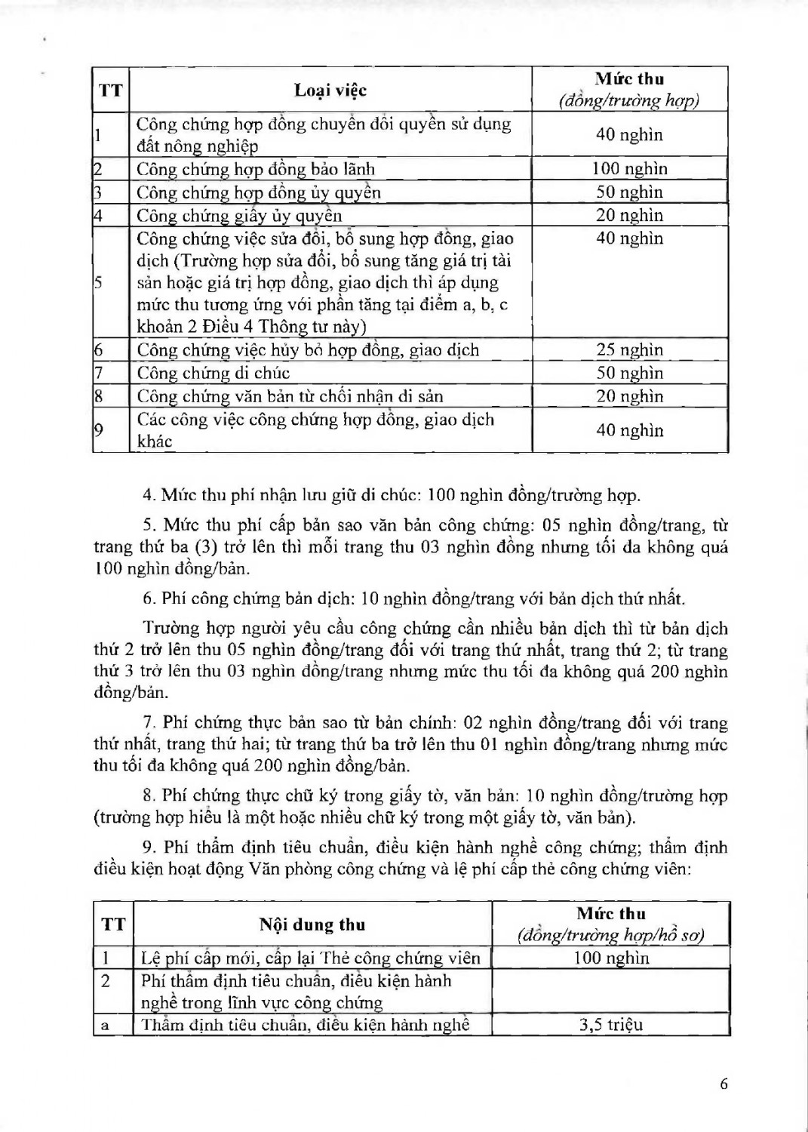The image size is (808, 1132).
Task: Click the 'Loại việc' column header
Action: click(330, 91)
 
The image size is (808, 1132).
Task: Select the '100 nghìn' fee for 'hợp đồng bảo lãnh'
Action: click(629, 168)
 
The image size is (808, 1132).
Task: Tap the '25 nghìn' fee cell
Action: click(629, 349)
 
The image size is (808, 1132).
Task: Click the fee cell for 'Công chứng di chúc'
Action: click(629, 373)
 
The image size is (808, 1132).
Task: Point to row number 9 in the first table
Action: click(99, 430)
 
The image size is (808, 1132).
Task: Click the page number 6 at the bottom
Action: click(724, 1084)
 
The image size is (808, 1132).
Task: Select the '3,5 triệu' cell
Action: click(610, 1024)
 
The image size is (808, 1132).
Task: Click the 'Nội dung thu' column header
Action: click(312, 924)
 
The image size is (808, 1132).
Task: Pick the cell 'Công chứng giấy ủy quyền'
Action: click(239, 216)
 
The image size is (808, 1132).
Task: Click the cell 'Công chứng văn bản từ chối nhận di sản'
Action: click(290, 396)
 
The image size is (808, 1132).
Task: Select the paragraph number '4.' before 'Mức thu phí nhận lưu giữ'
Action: click(149, 496)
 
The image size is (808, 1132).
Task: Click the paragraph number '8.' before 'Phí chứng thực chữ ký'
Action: click(149, 795)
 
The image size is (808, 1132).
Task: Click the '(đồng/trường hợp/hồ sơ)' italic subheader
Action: click(610, 936)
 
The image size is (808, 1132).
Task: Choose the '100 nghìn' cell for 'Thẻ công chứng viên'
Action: click(610, 958)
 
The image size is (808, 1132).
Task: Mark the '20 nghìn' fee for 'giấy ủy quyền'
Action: click(629, 215)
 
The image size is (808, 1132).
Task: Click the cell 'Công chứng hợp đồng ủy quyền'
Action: click(258, 192)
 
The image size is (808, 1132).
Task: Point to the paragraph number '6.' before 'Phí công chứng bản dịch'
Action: click(149, 599)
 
